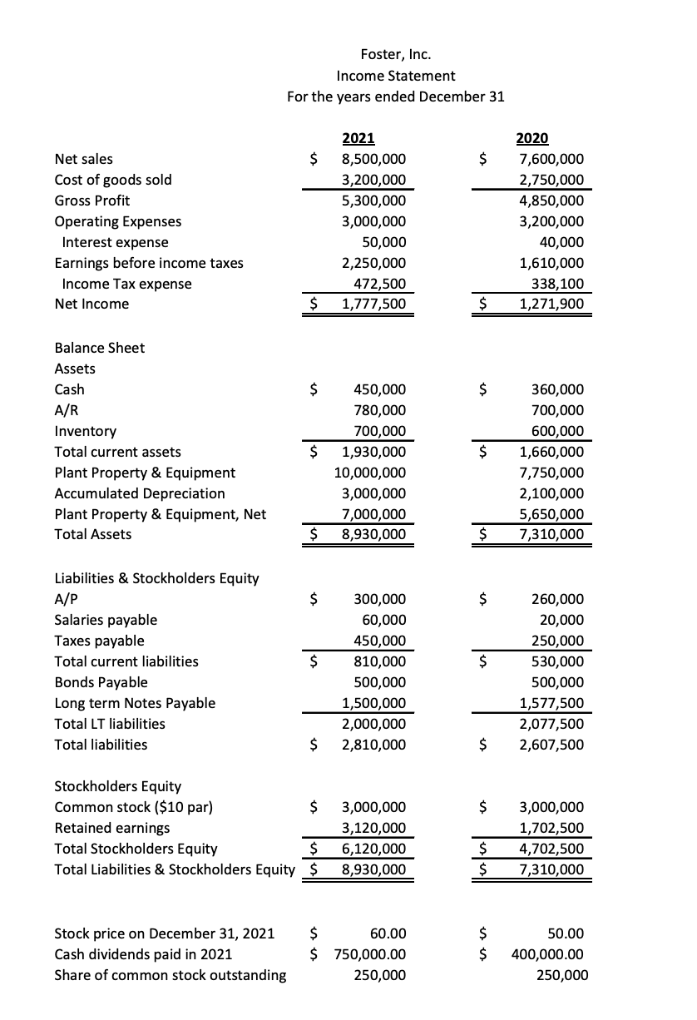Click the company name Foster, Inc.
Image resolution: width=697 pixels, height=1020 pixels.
click(x=396, y=55)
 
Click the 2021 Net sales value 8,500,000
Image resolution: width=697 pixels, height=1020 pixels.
click(x=374, y=159)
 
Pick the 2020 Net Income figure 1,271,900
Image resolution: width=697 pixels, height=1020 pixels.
click(x=551, y=304)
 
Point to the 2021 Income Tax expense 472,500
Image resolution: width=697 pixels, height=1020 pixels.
click(x=381, y=284)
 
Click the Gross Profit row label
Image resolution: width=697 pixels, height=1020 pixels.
click(x=91, y=201)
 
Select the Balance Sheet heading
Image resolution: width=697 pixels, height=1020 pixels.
click(x=99, y=348)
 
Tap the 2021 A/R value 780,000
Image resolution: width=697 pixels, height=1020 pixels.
click(x=380, y=410)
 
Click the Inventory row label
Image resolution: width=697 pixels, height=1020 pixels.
click(x=85, y=431)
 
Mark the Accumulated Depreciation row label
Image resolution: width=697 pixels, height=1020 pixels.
click(x=139, y=493)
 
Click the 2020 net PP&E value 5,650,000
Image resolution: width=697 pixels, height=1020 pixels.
click(x=551, y=514)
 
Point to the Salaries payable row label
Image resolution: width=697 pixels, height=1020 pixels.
click(x=105, y=620)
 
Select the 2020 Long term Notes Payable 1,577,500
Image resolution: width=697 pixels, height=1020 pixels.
click(x=551, y=703)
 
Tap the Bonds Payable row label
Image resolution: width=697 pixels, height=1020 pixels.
click(x=101, y=682)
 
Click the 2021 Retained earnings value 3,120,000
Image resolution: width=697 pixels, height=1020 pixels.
click(x=374, y=828)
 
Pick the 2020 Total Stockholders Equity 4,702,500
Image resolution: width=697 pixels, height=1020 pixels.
click(x=551, y=849)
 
